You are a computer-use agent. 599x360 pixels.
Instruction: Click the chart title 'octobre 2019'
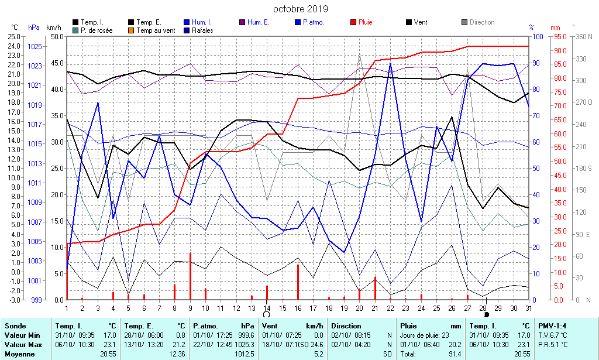[301, 9]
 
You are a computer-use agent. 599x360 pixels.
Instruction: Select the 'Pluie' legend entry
[365, 22]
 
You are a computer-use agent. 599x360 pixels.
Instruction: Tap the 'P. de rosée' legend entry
[97, 30]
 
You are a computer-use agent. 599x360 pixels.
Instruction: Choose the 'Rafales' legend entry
[202, 30]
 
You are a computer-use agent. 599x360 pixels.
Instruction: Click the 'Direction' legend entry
[482, 22]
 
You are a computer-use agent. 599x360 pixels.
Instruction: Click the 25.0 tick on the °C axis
[13, 36]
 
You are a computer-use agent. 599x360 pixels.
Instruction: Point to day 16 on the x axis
[298, 308]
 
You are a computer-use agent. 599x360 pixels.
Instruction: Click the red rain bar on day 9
[190, 276]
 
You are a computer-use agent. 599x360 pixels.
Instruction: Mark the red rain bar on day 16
[298, 282]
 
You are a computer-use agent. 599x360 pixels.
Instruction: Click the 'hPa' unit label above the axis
[34, 27]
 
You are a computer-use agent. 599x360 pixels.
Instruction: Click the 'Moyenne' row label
[19, 354]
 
